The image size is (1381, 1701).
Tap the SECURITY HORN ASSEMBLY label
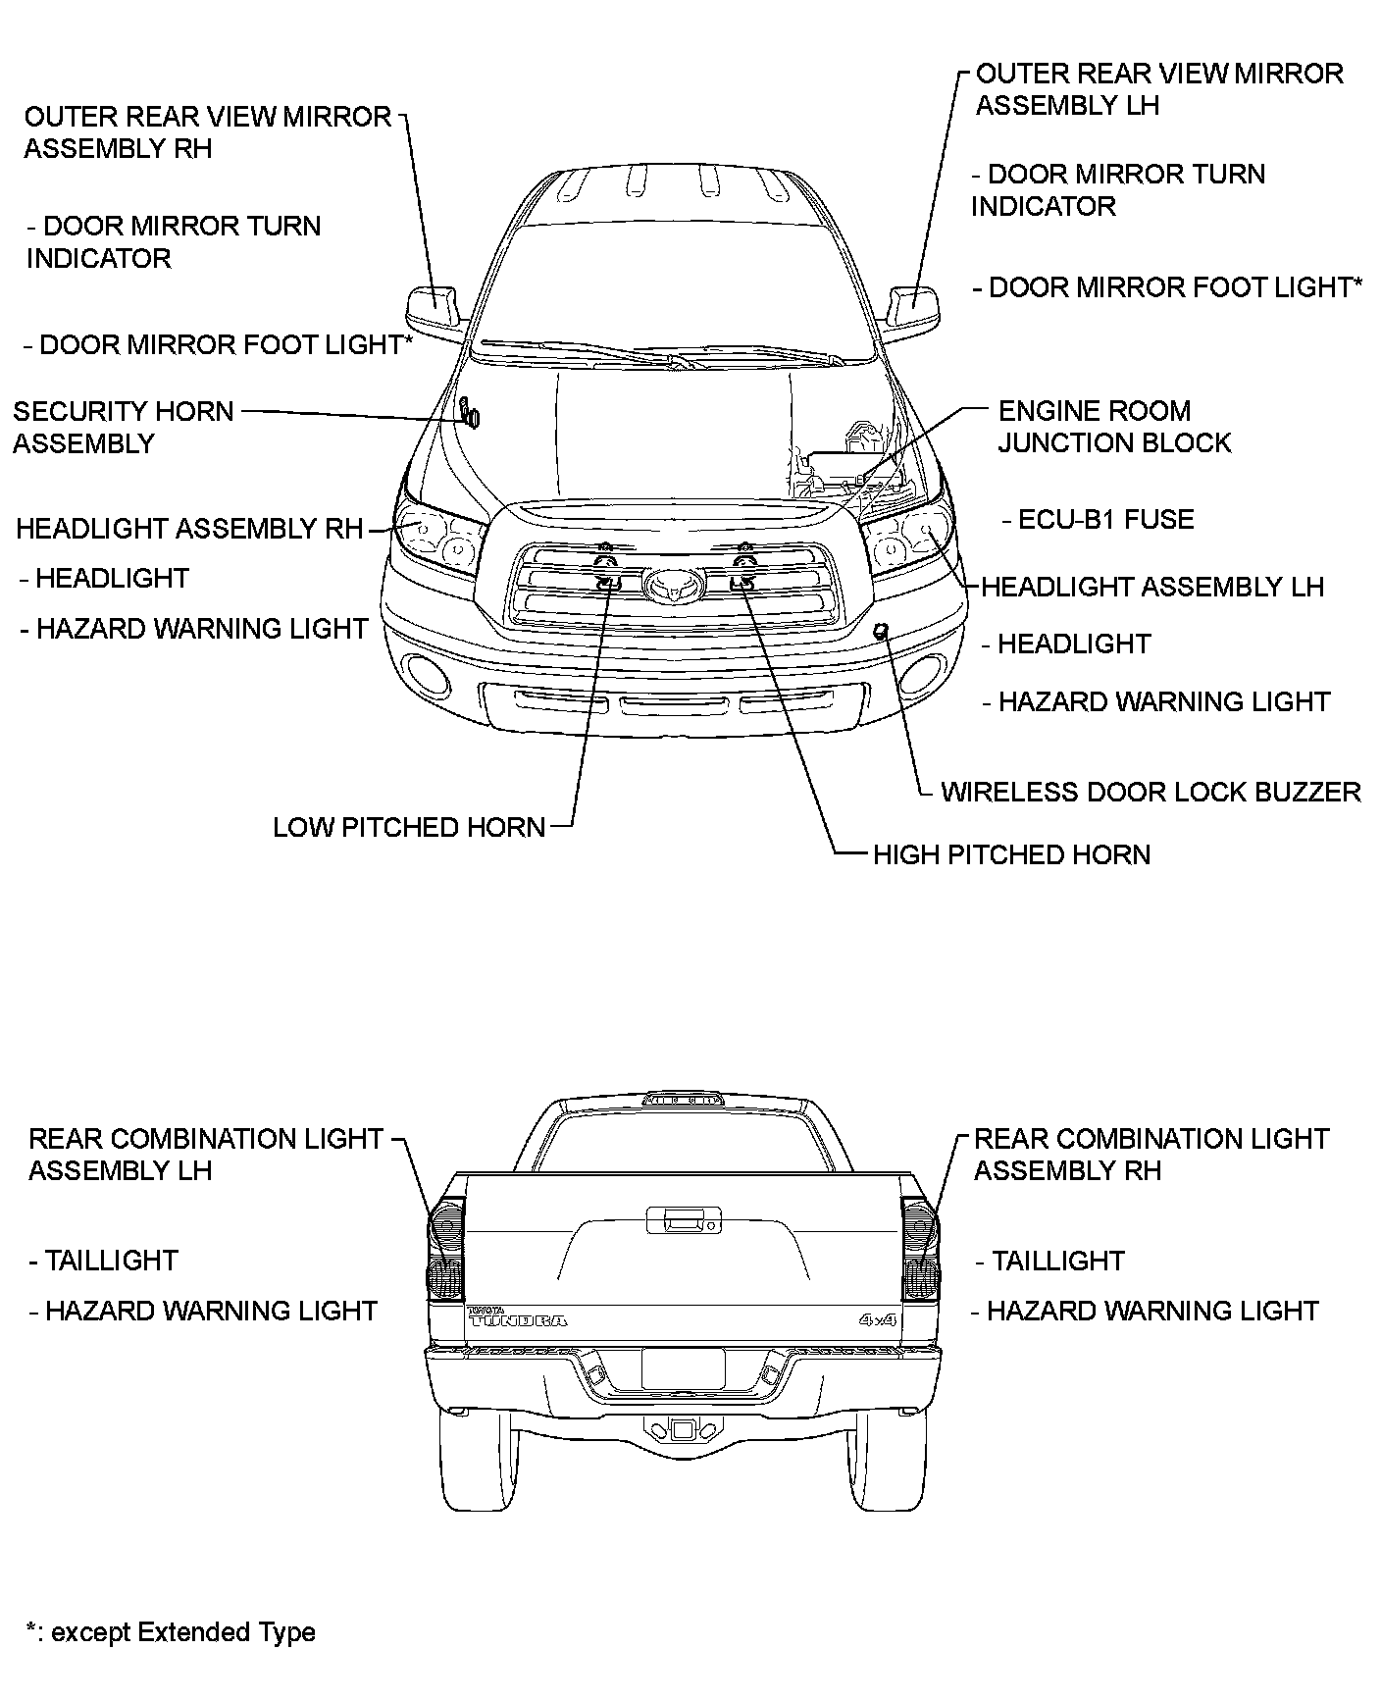[x=123, y=427]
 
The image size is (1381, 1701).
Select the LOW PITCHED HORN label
[x=408, y=827]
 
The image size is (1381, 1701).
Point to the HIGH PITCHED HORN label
[x=1011, y=854]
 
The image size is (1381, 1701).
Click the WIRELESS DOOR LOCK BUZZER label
[x=1151, y=792]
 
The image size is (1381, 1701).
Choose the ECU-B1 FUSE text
[x=1105, y=519]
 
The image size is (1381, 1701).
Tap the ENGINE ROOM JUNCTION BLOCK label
[x=1113, y=427]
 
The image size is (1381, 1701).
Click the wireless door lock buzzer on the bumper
[x=881, y=630]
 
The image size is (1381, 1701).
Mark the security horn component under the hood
[x=471, y=414]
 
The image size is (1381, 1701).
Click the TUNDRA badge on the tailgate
[x=518, y=1318]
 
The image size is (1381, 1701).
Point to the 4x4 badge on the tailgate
[x=878, y=1319]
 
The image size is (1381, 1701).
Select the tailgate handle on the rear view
[x=681, y=1222]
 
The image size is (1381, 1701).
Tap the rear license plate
[x=683, y=1367]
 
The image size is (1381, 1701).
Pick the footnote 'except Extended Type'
[x=172, y=1632]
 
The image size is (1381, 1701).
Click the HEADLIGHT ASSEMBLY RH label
[x=189, y=529]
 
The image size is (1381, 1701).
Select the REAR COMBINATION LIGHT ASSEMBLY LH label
[x=204, y=1154]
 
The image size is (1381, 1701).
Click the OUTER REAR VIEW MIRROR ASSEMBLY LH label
[x=1158, y=89]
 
